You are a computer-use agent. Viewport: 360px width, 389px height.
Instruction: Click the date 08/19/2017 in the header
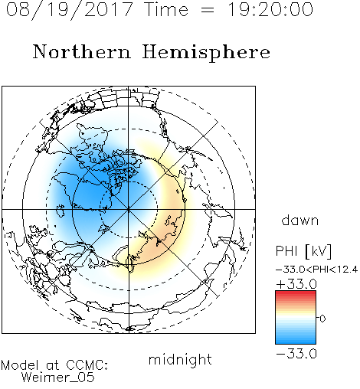pos(70,10)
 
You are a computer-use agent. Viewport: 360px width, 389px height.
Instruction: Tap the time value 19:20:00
pos(270,9)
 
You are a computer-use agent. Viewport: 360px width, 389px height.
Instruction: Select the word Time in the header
pos(166,9)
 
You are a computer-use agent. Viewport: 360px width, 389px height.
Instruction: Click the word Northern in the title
pos(82,52)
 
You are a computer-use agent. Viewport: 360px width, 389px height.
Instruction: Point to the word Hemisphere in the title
pos(206,53)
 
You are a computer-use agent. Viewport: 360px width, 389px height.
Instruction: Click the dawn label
pos(299,220)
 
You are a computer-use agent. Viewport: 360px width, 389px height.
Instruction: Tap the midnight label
pos(180,360)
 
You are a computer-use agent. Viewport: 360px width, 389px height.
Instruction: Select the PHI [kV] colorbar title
pos(303,251)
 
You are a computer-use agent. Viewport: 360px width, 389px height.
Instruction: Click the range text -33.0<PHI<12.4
pos(317,270)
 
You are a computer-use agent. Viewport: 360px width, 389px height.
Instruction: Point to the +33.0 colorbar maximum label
pos(296,284)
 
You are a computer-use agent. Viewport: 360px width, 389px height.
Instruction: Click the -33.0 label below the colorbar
pos(296,354)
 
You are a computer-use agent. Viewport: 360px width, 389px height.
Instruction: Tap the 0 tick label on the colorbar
pos(322,319)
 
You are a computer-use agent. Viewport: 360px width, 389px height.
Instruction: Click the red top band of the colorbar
pos(296,294)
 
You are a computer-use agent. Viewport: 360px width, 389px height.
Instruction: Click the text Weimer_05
pos(58,378)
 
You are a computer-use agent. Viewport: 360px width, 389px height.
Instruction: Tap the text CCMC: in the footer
pos(87,365)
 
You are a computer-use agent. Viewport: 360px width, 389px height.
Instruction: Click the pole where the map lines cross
pos(129,209)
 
